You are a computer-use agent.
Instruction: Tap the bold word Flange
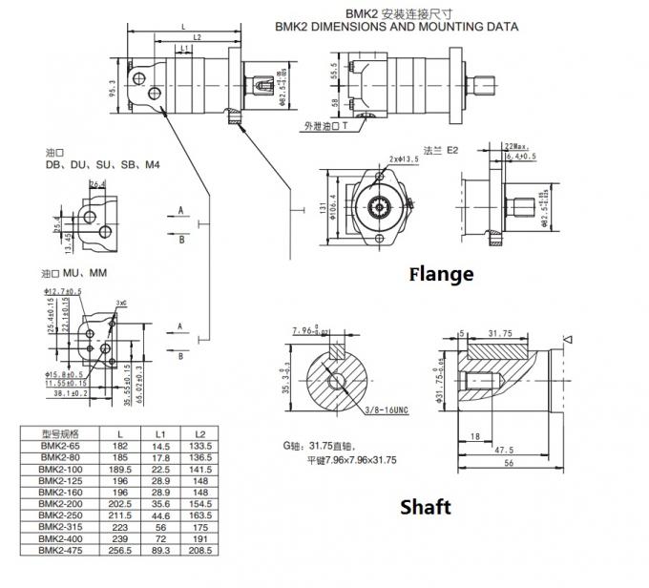[x=441, y=275]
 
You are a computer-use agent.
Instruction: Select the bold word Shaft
[x=425, y=507]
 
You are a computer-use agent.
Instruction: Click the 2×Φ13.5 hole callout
[x=406, y=158]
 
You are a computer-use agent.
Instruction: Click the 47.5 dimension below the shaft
[x=504, y=451]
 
